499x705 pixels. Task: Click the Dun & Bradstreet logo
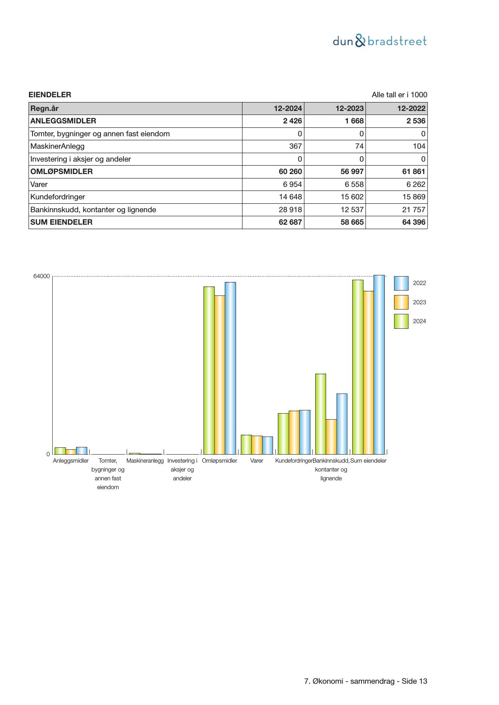380,41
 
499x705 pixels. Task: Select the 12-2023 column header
349,109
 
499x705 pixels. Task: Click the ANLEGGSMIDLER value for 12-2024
292,121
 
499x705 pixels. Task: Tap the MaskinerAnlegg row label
57,146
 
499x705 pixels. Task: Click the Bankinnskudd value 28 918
290,210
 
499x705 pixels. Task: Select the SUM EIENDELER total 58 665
352,222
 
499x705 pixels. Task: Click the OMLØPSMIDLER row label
62,172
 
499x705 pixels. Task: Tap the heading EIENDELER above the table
50,95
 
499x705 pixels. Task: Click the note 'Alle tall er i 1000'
399,95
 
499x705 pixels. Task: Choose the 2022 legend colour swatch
401,283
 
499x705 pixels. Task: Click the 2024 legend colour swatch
401,322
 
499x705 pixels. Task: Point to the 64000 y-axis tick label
41,277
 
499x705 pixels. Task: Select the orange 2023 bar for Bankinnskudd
331,437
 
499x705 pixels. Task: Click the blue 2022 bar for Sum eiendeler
379,365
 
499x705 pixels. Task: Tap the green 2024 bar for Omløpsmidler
209,370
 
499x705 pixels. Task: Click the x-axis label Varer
257,461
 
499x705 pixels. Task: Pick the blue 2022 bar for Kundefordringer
305,432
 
